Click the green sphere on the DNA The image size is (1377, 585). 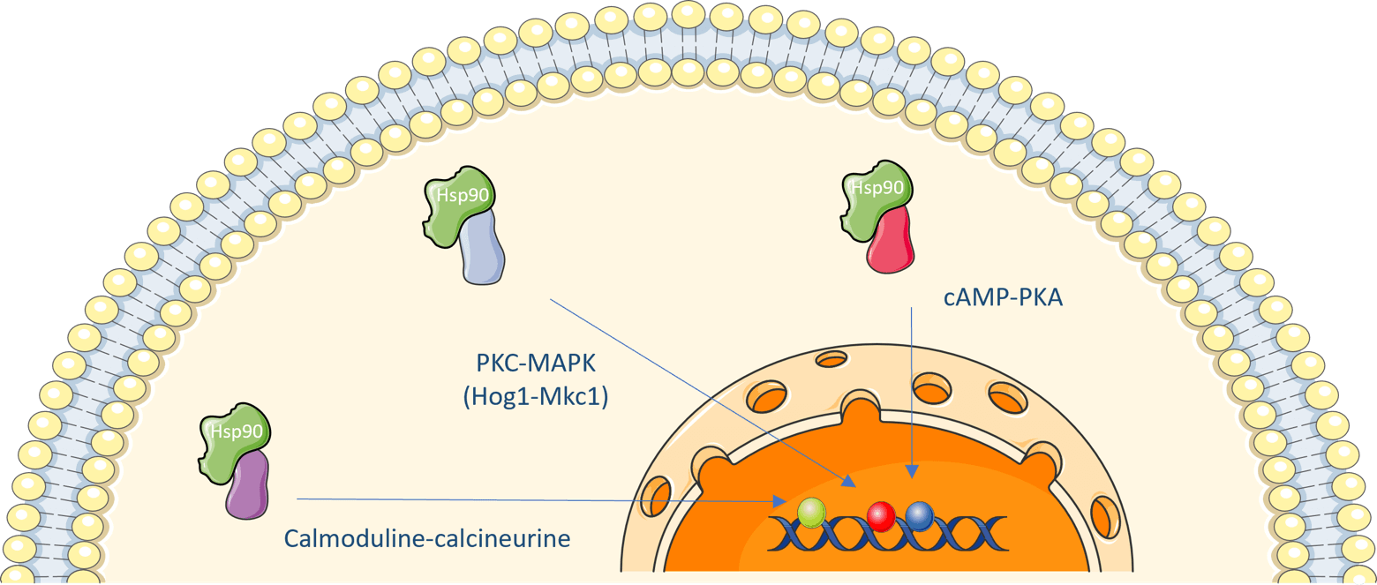click(810, 512)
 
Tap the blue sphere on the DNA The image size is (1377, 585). click(920, 515)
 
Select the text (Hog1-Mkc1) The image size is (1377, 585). click(536, 397)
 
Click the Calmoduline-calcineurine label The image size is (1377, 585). click(427, 537)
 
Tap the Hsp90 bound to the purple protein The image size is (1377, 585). click(231, 434)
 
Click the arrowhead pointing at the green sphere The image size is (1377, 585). click(780, 501)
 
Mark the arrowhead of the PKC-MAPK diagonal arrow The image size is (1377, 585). click(849, 482)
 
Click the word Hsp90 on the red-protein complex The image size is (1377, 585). click(877, 187)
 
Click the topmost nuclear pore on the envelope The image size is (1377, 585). click(831, 359)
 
